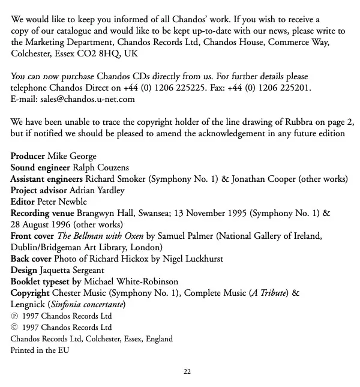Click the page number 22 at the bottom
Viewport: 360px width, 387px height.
point(187,372)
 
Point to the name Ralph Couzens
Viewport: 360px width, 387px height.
point(100,167)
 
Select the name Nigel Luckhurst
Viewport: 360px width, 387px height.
point(197,259)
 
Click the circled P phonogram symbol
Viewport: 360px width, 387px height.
point(14,316)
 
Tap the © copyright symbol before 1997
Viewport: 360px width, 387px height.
point(14,328)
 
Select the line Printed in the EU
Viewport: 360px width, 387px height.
point(40,350)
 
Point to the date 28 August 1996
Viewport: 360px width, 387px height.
point(39,224)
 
